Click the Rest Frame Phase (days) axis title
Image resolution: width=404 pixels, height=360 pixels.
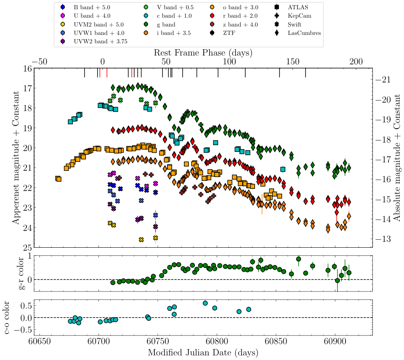[x=203, y=53]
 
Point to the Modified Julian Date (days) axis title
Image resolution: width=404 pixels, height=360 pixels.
[x=203, y=352]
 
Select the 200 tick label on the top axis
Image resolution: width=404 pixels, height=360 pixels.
[x=356, y=61]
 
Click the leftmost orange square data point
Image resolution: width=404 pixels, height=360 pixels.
[x=58, y=179]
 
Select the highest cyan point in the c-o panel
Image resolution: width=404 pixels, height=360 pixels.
[x=205, y=303]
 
